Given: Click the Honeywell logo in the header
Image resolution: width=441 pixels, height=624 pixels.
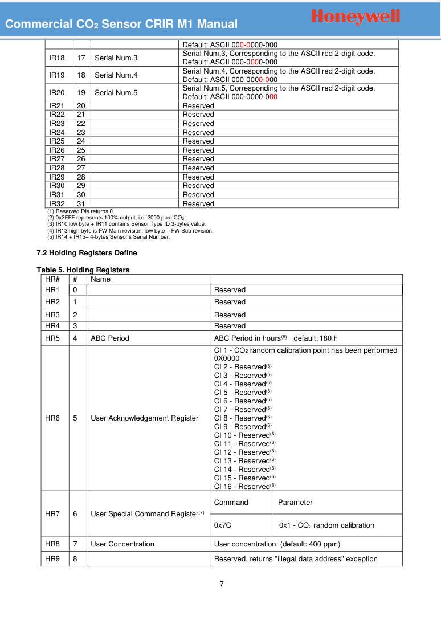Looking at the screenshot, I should click(x=356, y=17).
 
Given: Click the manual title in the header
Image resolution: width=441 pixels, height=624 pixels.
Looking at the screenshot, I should click(x=121, y=24).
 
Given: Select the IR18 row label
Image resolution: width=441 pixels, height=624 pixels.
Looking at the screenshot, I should click(x=57, y=58).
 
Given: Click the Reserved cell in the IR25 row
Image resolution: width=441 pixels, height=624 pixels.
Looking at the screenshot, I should click(x=198, y=141).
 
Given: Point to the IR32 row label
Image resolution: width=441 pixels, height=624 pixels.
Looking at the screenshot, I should click(x=57, y=204).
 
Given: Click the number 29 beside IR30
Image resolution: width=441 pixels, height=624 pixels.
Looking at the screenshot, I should click(x=81, y=186).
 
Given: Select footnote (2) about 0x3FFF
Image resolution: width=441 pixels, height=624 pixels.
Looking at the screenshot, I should click(x=115, y=218).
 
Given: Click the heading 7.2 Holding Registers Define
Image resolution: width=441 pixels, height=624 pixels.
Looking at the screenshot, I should click(x=87, y=253).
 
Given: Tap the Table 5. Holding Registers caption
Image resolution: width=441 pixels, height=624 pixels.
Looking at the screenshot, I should click(x=83, y=270).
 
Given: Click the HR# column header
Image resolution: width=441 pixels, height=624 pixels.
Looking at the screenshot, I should click(x=52, y=279).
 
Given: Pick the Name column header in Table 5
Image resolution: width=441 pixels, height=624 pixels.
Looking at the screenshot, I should click(x=101, y=279).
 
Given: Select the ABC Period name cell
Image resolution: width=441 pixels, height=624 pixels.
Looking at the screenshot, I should click(x=110, y=338).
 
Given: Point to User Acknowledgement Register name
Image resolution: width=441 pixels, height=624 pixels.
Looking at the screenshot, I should click(x=145, y=418).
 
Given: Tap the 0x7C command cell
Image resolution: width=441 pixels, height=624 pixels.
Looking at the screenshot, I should click(x=222, y=525).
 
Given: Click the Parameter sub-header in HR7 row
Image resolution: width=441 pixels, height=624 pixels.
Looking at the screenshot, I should click(x=295, y=503).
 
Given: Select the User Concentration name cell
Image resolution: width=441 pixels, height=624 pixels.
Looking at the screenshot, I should click(x=122, y=544).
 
